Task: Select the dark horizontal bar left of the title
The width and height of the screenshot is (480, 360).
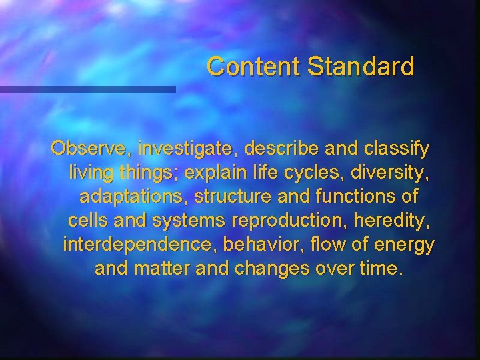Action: click(87, 89)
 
